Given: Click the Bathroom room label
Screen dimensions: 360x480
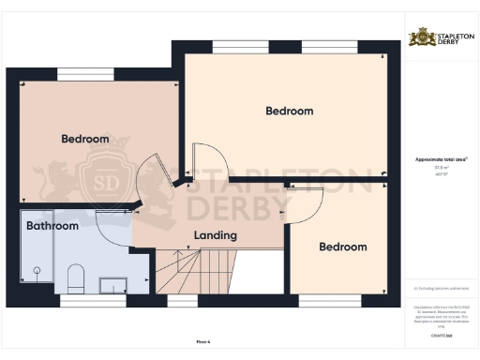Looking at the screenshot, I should (x=52, y=226).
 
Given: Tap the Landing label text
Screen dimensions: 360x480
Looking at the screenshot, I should (x=215, y=235).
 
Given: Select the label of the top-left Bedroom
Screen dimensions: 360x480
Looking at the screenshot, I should (x=85, y=139).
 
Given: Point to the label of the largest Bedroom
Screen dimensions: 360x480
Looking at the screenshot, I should (x=289, y=111).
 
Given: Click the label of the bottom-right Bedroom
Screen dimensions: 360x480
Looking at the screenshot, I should (x=342, y=247).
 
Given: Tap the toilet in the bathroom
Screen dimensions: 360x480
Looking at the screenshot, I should (x=77, y=277).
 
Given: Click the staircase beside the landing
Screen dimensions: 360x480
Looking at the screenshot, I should (x=188, y=271).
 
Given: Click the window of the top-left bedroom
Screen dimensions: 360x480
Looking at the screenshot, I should (x=85, y=73).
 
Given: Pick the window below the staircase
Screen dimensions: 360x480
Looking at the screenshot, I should (x=182, y=301).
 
